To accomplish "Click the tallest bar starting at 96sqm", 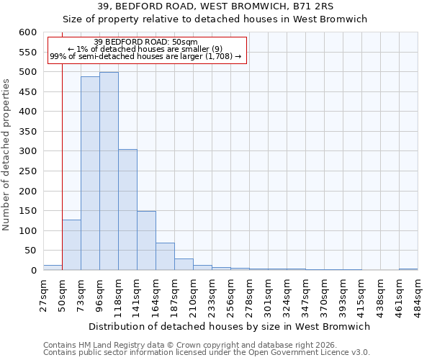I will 109,171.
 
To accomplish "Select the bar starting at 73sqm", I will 90,174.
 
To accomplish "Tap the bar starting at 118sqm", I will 127,210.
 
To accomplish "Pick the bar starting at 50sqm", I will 71,245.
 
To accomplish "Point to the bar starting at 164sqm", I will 165,256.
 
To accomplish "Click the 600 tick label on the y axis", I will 27,32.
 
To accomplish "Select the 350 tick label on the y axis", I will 27,132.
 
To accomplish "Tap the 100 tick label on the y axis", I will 27,231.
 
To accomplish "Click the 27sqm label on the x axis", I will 44,295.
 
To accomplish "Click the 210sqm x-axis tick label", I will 194,295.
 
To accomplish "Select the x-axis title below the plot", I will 230,326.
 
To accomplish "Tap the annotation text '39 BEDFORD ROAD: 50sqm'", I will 145,42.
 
